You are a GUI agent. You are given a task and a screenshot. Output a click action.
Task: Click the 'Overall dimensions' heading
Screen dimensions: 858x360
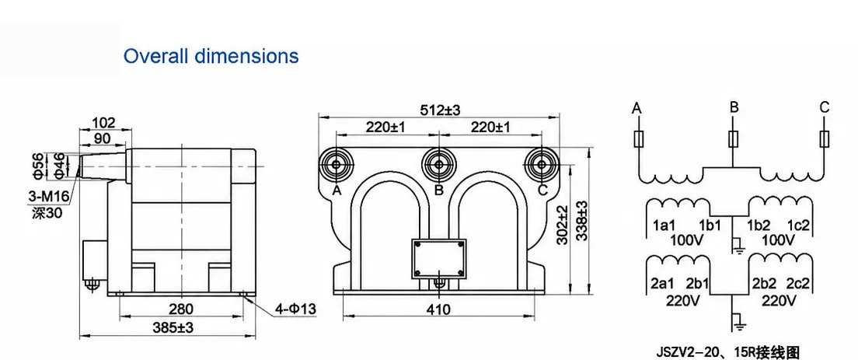coord(211,56)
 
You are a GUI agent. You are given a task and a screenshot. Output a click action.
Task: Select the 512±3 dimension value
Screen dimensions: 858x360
coord(441,110)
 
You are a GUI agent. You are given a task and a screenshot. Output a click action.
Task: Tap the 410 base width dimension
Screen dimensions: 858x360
coord(438,309)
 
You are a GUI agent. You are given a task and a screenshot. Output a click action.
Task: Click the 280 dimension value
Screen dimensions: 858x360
coord(180,309)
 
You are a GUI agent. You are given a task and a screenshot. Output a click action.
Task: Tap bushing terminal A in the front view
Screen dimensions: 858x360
coord(337,165)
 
